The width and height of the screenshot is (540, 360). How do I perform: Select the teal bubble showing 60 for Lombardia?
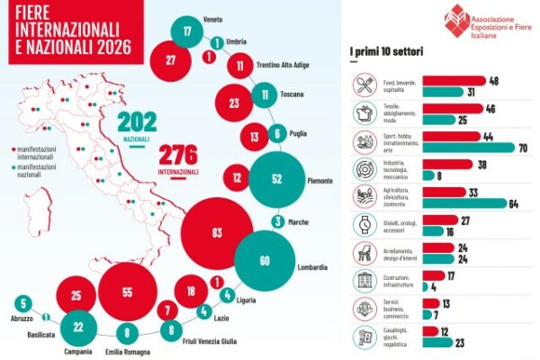265,261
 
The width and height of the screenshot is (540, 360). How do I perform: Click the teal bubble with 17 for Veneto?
187,32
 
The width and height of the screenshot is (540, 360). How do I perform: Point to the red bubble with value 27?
170,60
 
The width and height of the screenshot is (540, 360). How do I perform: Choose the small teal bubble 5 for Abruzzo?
23,303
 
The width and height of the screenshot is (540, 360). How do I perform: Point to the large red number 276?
178,151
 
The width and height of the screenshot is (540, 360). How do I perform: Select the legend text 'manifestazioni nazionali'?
41,170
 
